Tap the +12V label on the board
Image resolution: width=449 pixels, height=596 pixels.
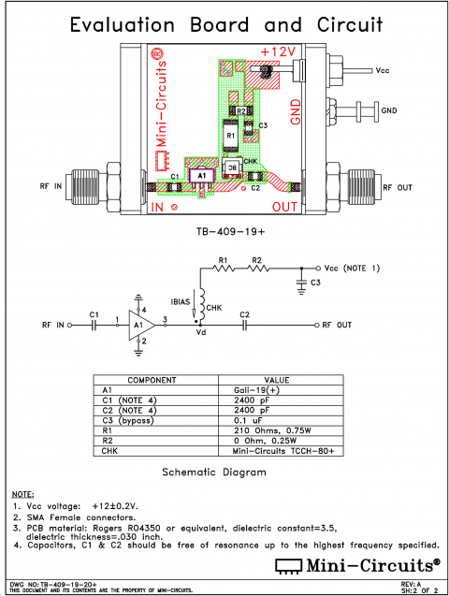tap(278, 51)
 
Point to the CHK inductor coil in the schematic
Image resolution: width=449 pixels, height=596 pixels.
tap(199, 305)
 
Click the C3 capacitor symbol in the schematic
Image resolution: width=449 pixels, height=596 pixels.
tap(300, 280)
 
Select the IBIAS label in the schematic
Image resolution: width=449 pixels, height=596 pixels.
tap(182, 301)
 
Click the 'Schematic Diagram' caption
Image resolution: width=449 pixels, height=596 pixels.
tap(215, 472)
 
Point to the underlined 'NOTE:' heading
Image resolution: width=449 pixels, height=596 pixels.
tap(22, 494)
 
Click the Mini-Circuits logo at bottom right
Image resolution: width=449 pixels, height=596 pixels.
tap(355, 564)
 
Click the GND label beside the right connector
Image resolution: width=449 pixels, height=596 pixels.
tap(388, 109)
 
